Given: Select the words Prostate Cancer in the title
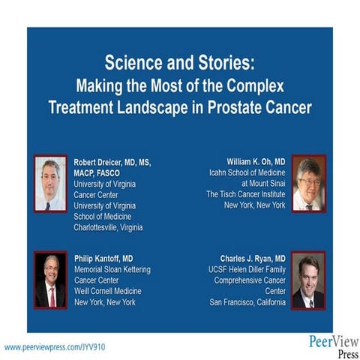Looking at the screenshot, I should (262, 106).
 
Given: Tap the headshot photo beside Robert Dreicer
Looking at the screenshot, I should (50, 183).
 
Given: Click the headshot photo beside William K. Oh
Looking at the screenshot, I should (308, 183).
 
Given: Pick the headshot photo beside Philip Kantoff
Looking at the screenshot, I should (50, 280).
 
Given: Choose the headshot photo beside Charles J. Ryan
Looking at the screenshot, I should (308, 280).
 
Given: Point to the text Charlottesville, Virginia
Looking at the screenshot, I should (108, 227).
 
